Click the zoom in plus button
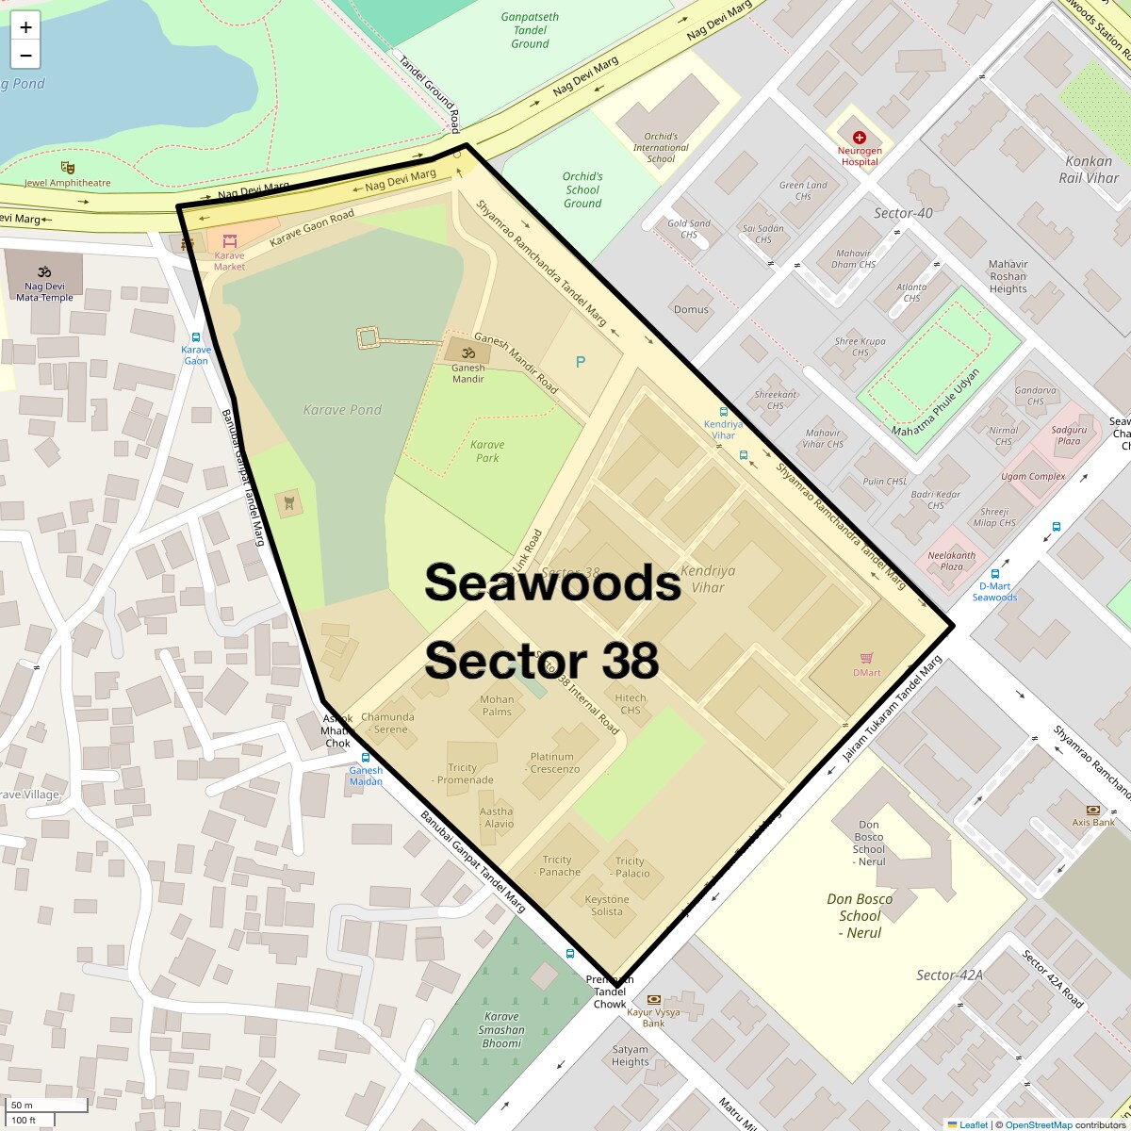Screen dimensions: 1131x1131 click(25, 26)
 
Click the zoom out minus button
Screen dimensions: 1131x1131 click(25, 56)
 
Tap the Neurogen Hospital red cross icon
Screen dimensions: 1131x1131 click(859, 138)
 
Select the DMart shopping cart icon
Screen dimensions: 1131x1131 click(866, 658)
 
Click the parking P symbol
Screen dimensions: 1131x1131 click(581, 362)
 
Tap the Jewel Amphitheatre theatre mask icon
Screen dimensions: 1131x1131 click(67, 168)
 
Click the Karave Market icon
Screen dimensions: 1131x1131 click(229, 241)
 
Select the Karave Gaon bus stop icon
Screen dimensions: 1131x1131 click(196, 337)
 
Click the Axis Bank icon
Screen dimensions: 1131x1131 click(1093, 810)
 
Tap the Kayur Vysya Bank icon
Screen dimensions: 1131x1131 click(653, 999)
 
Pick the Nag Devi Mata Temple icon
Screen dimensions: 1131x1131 click(43, 272)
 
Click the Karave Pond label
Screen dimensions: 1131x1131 click(342, 410)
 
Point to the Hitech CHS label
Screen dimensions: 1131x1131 click(631, 704)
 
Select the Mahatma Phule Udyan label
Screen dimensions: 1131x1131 click(936, 402)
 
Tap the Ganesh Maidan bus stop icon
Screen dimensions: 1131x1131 click(366, 757)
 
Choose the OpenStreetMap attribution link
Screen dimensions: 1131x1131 click(1038, 1124)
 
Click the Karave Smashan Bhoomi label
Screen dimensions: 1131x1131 click(501, 1029)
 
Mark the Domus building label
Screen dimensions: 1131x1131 click(691, 309)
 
